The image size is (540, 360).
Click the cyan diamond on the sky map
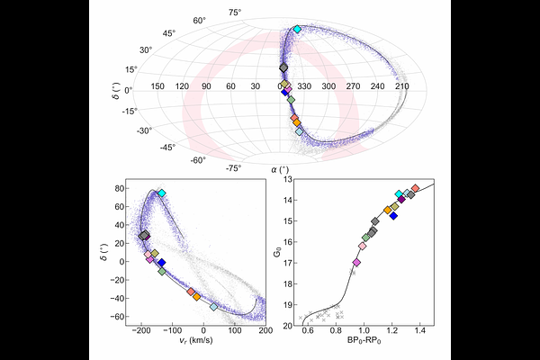point(298,30)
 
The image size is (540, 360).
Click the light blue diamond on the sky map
point(300,131)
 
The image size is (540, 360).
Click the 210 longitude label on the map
point(402,86)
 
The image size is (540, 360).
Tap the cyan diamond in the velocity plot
point(162,193)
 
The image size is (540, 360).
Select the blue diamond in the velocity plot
point(161,263)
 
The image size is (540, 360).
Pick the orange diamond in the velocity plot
point(196,295)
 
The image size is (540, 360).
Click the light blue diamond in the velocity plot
point(213,307)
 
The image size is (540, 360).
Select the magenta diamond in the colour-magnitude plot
point(356,263)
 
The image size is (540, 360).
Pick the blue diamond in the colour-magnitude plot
point(393,216)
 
